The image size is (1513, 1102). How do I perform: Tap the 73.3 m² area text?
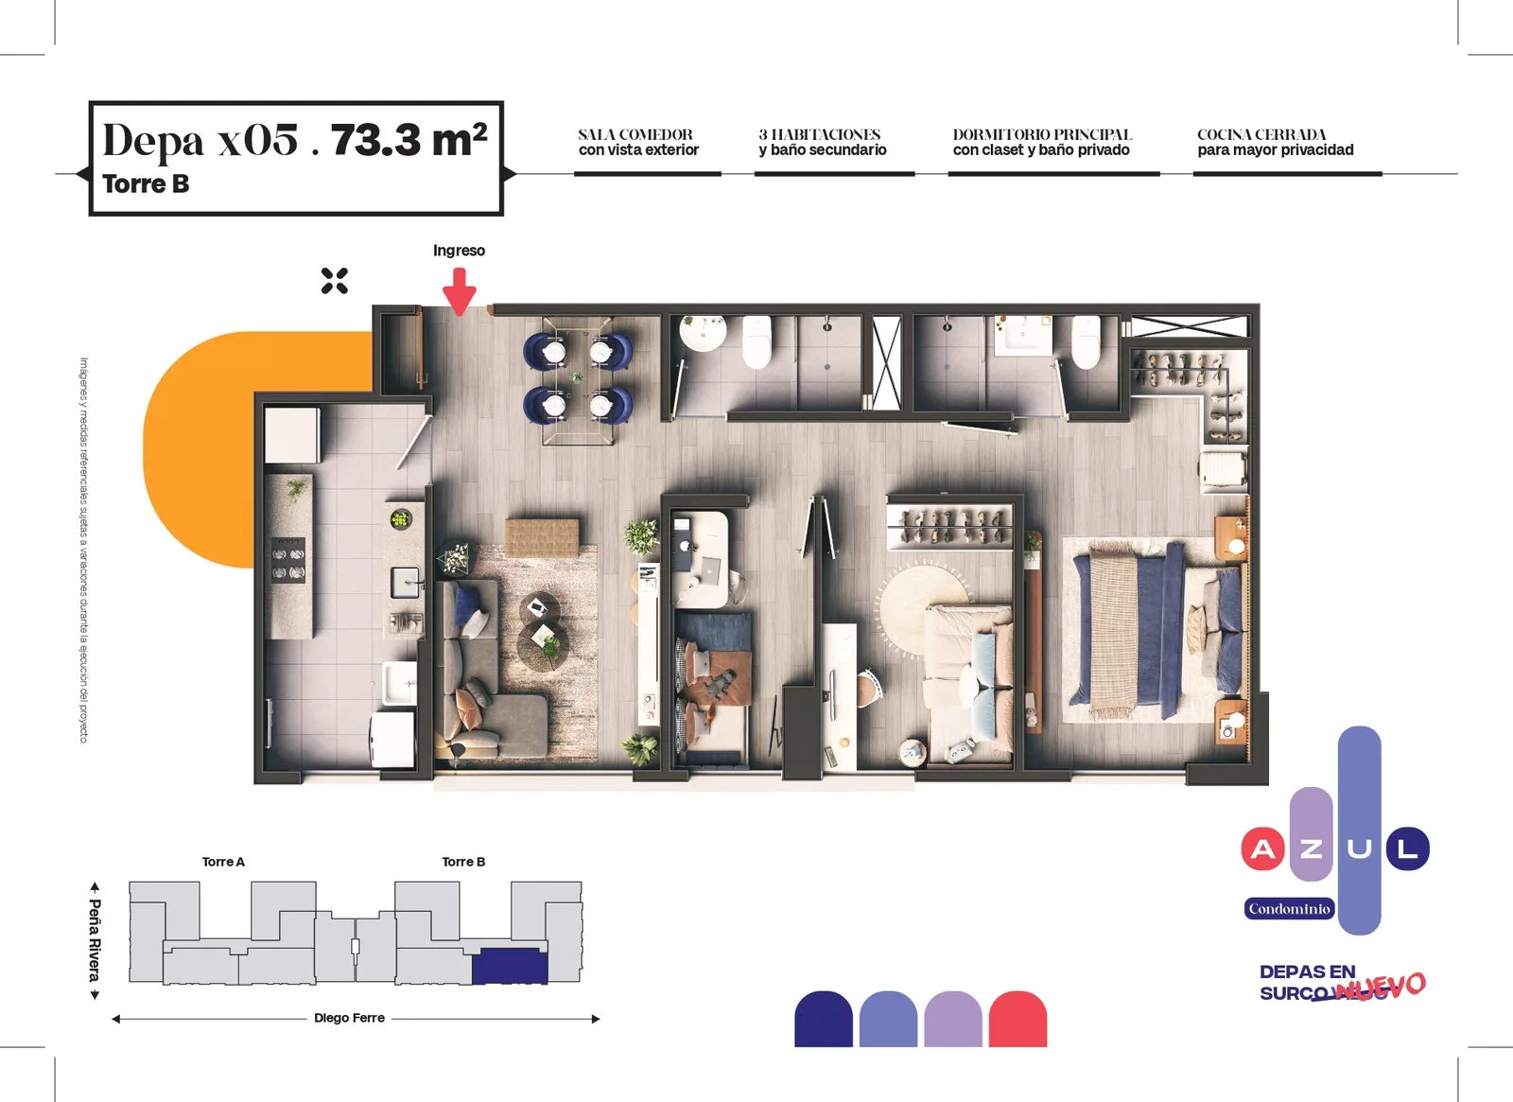[x=409, y=140]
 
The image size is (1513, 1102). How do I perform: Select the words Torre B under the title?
[x=146, y=184]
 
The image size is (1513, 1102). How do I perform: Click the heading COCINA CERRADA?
[x=1261, y=134]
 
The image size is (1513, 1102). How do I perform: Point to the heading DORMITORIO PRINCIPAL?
[x=1042, y=134]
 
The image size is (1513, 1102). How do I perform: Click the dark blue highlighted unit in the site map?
[x=510, y=966]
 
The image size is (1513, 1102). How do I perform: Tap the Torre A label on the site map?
[x=223, y=862]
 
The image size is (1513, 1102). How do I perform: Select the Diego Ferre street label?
[x=349, y=1018]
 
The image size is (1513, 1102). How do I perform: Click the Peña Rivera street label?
[x=96, y=940]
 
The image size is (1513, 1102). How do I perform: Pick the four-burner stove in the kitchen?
[x=288, y=560]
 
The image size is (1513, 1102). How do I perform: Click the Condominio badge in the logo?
[x=1290, y=909]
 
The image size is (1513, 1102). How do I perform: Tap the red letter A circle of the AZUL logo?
[x=1262, y=848]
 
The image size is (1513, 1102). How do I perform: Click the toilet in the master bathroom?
[x=1087, y=341]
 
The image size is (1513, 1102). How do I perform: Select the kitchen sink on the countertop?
[x=406, y=583]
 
